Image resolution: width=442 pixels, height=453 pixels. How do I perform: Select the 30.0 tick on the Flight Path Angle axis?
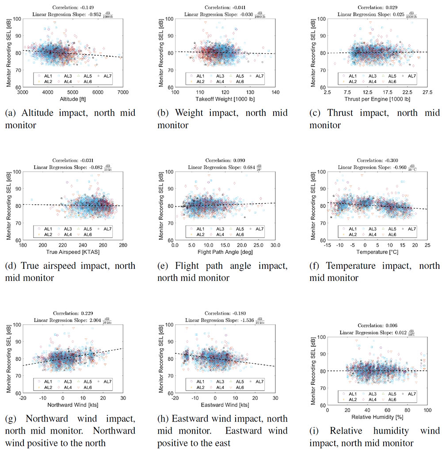pos(275,245)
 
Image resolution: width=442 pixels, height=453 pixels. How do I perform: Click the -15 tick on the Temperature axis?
pos(327,245)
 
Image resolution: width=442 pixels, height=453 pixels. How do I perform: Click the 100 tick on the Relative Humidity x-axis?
pos(427,411)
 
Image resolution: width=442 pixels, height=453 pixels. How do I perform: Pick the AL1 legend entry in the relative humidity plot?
pos(350,394)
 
